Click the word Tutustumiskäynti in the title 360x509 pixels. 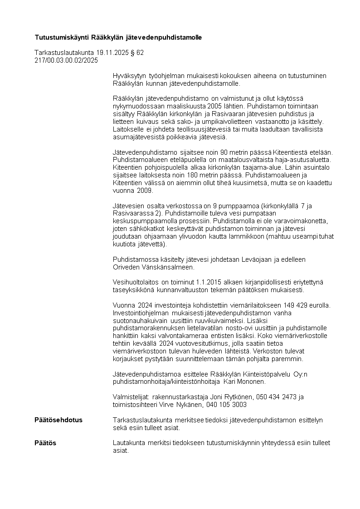[62, 37]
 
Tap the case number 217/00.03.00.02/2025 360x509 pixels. [66, 60]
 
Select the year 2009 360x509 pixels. [146, 191]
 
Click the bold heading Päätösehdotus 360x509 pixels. [58, 420]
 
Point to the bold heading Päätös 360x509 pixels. [45, 443]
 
